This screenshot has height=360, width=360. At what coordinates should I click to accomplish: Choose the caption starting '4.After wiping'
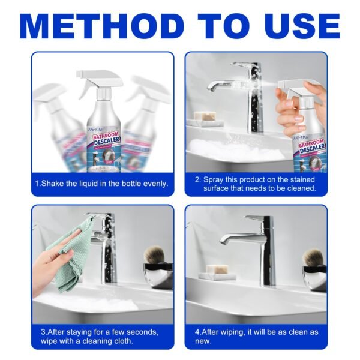(257, 335)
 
